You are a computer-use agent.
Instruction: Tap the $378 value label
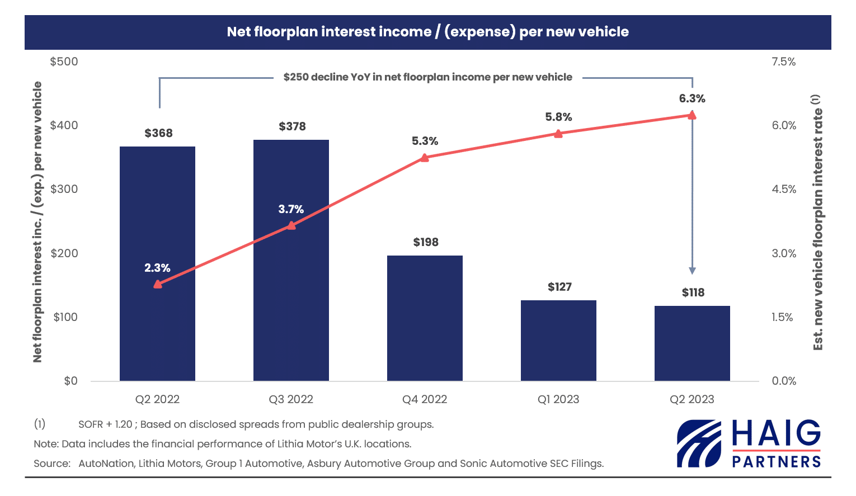(x=292, y=126)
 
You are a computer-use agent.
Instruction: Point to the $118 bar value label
(x=693, y=292)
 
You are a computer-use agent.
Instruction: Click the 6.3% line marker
(x=692, y=115)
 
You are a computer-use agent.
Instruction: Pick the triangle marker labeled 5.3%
(x=425, y=158)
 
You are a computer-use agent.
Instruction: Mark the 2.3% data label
(x=157, y=268)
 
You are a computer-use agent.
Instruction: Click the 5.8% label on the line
(x=558, y=117)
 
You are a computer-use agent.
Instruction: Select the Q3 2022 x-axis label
(x=291, y=399)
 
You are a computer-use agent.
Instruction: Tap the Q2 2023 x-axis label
(x=692, y=399)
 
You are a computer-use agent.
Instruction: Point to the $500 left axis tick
(x=64, y=62)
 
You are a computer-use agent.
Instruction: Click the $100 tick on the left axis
(x=65, y=317)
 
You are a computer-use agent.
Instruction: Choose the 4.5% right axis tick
(x=784, y=189)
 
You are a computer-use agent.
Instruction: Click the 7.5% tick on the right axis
(x=783, y=62)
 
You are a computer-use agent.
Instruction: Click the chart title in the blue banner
(x=427, y=32)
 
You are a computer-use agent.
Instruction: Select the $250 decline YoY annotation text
(x=427, y=77)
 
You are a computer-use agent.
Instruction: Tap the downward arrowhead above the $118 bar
(x=692, y=271)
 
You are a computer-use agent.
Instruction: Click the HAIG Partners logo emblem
(x=699, y=443)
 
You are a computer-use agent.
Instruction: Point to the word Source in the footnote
(x=51, y=464)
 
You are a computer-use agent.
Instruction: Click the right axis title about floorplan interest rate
(x=817, y=222)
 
